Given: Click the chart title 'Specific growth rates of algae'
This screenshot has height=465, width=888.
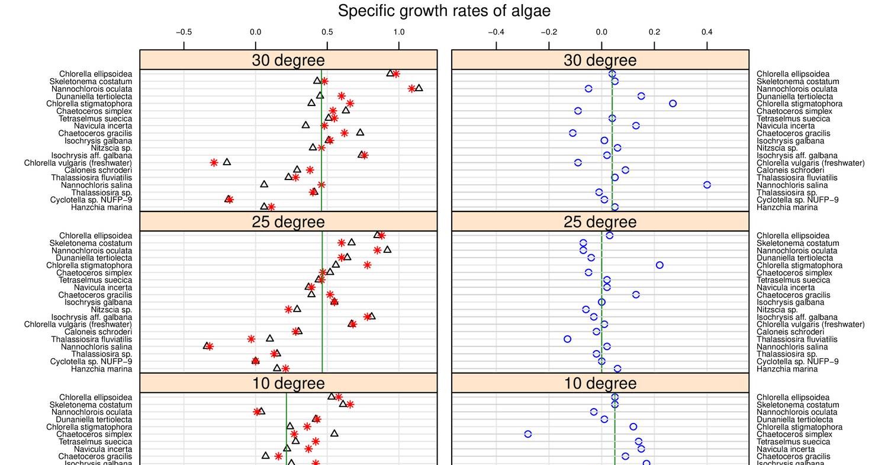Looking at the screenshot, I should (444, 11).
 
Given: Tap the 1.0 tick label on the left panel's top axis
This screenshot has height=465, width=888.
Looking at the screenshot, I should (398, 32).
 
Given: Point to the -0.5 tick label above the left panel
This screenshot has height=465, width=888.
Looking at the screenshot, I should (184, 32).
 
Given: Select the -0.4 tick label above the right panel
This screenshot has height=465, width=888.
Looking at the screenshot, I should (496, 32).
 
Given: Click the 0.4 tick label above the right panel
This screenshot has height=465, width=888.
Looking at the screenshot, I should (707, 32).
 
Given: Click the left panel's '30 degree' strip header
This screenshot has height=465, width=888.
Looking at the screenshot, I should (288, 60).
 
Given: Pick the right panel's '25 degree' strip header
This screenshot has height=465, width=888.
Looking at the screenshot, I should (600, 222).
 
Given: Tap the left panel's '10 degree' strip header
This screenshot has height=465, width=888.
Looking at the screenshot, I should (288, 383).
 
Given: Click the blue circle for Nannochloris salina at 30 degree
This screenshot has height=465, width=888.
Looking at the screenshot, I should (707, 185).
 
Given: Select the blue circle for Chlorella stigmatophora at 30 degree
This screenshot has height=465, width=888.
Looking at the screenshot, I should (673, 104).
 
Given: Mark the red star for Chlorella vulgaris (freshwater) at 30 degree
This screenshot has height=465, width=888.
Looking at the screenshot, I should (214, 162).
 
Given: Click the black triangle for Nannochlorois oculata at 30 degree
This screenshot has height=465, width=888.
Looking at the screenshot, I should (419, 88).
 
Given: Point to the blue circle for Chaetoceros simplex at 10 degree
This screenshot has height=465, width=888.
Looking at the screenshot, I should (528, 434).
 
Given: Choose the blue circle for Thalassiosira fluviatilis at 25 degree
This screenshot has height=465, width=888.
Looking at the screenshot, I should (568, 339).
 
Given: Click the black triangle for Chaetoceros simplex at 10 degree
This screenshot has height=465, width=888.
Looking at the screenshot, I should (334, 434).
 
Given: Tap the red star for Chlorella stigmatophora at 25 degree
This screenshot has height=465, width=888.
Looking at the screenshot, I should (367, 265).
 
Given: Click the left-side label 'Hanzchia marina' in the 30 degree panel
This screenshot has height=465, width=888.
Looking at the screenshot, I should (101, 207).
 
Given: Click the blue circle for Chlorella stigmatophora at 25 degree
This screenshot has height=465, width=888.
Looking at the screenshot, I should (659, 265).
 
